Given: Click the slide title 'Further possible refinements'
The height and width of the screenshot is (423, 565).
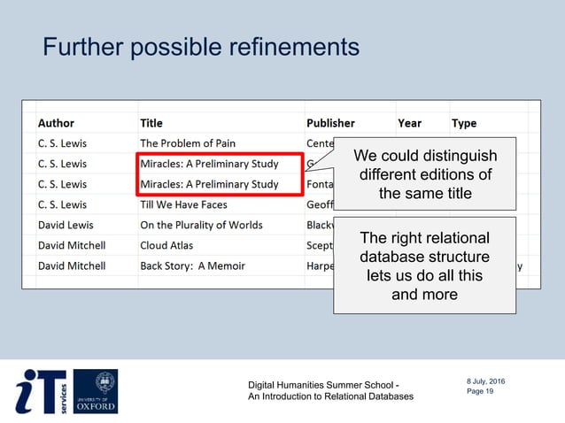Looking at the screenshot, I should [x=201, y=46].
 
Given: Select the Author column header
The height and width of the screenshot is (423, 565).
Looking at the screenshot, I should [x=56, y=123].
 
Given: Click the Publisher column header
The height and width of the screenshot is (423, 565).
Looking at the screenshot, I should [x=330, y=123].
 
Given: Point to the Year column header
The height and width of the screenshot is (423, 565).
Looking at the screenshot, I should [x=409, y=123].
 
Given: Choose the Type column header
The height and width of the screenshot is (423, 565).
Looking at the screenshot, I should [x=464, y=123].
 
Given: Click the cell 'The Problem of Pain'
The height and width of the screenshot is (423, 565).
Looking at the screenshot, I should [x=188, y=143].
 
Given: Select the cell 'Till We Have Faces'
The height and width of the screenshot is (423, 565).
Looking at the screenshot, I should [x=183, y=204].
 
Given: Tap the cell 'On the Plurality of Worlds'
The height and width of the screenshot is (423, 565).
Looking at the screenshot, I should [x=205, y=225].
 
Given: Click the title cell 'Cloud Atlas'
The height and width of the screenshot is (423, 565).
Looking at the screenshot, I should [x=166, y=245].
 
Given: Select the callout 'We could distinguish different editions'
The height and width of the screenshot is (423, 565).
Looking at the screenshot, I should [x=425, y=174].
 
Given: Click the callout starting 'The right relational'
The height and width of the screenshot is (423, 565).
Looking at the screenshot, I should [x=424, y=266].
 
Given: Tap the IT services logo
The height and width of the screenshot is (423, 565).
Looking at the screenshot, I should [x=42, y=391].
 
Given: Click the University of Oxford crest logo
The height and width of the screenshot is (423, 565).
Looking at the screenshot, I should [x=95, y=391].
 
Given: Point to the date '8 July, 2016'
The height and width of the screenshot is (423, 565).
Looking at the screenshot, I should [x=485, y=381].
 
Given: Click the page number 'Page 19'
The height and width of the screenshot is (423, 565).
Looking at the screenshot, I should [x=480, y=391].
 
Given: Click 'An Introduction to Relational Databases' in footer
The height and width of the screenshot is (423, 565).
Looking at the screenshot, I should [x=330, y=396].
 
